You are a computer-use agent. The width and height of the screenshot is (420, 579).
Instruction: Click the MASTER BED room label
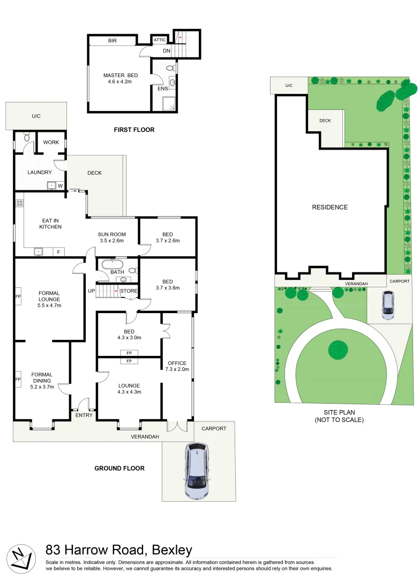(x=117, y=78)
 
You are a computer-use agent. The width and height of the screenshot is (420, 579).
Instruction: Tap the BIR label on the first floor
(x=112, y=41)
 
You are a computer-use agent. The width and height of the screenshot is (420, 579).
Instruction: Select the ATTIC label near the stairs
(x=160, y=40)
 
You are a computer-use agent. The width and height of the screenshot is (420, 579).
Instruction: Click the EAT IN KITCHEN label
(x=50, y=224)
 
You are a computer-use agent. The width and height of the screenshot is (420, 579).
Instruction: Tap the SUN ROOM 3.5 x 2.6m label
(x=111, y=237)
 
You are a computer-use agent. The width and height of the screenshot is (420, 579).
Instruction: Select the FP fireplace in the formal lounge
(x=18, y=296)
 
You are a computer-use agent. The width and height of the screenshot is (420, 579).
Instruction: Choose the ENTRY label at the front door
(x=84, y=415)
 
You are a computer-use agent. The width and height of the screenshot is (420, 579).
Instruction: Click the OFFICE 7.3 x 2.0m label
(x=177, y=366)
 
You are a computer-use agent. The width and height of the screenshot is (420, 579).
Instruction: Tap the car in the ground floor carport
(x=197, y=470)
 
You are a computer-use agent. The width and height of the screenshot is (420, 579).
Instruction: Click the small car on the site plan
(x=387, y=305)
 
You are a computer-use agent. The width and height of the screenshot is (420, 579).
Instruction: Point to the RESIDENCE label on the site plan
(x=329, y=207)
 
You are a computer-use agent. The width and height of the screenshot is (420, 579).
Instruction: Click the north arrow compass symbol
(x=20, y=557)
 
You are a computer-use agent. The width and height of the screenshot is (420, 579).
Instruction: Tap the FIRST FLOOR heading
(x=134, y=130)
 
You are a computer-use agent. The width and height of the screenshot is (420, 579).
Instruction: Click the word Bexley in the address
(x=172, y=550)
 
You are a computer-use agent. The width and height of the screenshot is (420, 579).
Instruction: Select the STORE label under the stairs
(x=129, y=291)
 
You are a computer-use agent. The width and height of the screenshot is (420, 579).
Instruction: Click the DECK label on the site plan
(x=325, y=121)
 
